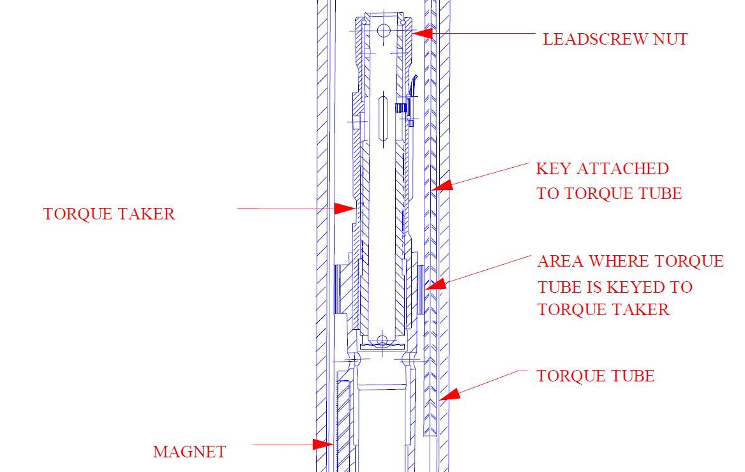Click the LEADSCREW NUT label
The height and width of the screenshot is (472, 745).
615,39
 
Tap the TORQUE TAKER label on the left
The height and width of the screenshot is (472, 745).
109,214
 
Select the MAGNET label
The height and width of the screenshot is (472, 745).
189,452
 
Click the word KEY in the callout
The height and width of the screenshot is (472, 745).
553,169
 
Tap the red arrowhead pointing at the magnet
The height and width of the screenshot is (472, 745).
322,443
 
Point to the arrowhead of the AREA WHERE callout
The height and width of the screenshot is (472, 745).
435,283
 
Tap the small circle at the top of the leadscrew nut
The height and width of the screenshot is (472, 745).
383,30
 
